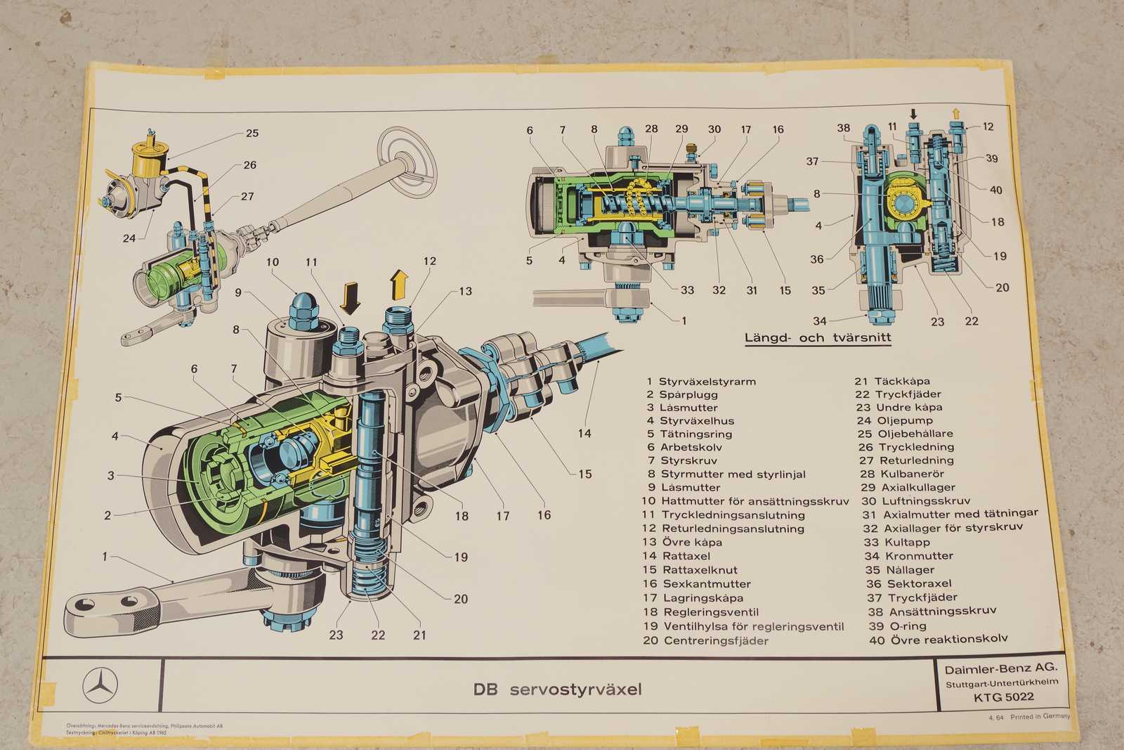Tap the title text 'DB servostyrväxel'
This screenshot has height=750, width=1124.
[557, 690]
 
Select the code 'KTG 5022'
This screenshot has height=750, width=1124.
[1003, 697]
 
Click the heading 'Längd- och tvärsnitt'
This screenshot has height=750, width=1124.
[817, 338]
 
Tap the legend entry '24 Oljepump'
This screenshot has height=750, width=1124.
[894, 420]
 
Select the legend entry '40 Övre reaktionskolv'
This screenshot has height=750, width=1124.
[939, 640]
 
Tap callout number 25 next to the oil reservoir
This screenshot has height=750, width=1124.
[251, 133]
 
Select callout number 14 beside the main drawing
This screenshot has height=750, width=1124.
[584, 434]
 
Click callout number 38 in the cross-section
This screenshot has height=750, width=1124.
[843, 128]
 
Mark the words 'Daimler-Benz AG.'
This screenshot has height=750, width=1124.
[1000, 668]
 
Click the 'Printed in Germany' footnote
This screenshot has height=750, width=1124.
[1040, 717]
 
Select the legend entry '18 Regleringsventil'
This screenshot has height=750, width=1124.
[700, 612]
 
